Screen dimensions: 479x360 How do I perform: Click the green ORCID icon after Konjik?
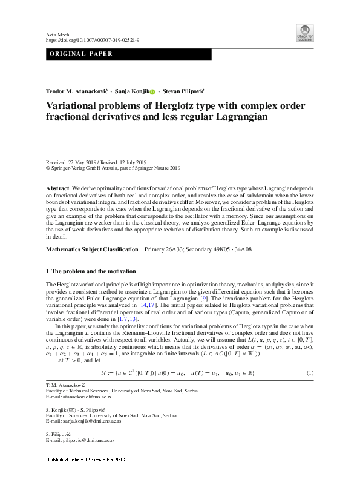(152, 90)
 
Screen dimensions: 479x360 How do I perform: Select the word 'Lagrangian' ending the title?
(230, 117)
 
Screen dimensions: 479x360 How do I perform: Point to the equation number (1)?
(310, 354)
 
